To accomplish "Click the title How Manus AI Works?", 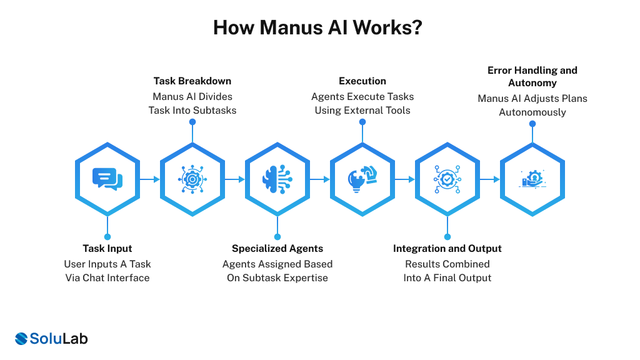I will [x=317, y=28].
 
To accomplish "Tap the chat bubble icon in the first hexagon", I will [x=107, y=179].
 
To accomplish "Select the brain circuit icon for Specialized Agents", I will [x=277, y=179].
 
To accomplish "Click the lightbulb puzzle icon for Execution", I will [x=362, y=179].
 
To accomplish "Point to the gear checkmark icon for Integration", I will [x=447, y=179].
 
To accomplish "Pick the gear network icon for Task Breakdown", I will [x=192, y=179].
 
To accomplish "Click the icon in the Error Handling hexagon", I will [x=532, y=179].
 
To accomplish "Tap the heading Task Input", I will [x=107, y=248].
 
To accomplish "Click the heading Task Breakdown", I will [x=192, y=81].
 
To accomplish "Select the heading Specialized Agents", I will [x=277, y=248].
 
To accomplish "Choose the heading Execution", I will [x=362, y=81].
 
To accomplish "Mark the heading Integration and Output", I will [x=447, y=248].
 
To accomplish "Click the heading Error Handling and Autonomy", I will [x=532, y=76].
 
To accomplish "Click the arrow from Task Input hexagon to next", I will [x=149, y=179].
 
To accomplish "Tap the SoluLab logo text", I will [x=59, y=338].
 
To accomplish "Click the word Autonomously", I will [x=532, y=112].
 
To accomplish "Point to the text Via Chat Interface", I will [x=107, y=277].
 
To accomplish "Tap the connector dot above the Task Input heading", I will [x=107, y=236].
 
